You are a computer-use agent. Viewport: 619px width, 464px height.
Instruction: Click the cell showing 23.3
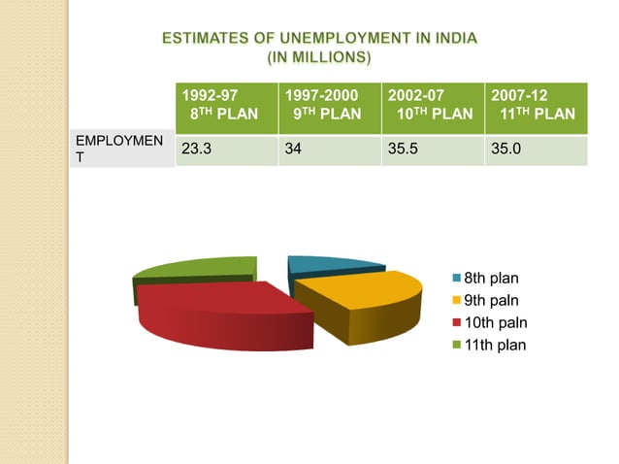point(226,151)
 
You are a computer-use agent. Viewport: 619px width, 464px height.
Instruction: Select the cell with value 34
point(329,151)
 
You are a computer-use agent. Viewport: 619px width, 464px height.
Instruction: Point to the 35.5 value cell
point(432,151)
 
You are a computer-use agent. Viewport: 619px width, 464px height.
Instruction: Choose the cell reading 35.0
point(536,151)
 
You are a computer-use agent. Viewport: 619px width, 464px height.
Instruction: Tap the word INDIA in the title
point(448,40)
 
